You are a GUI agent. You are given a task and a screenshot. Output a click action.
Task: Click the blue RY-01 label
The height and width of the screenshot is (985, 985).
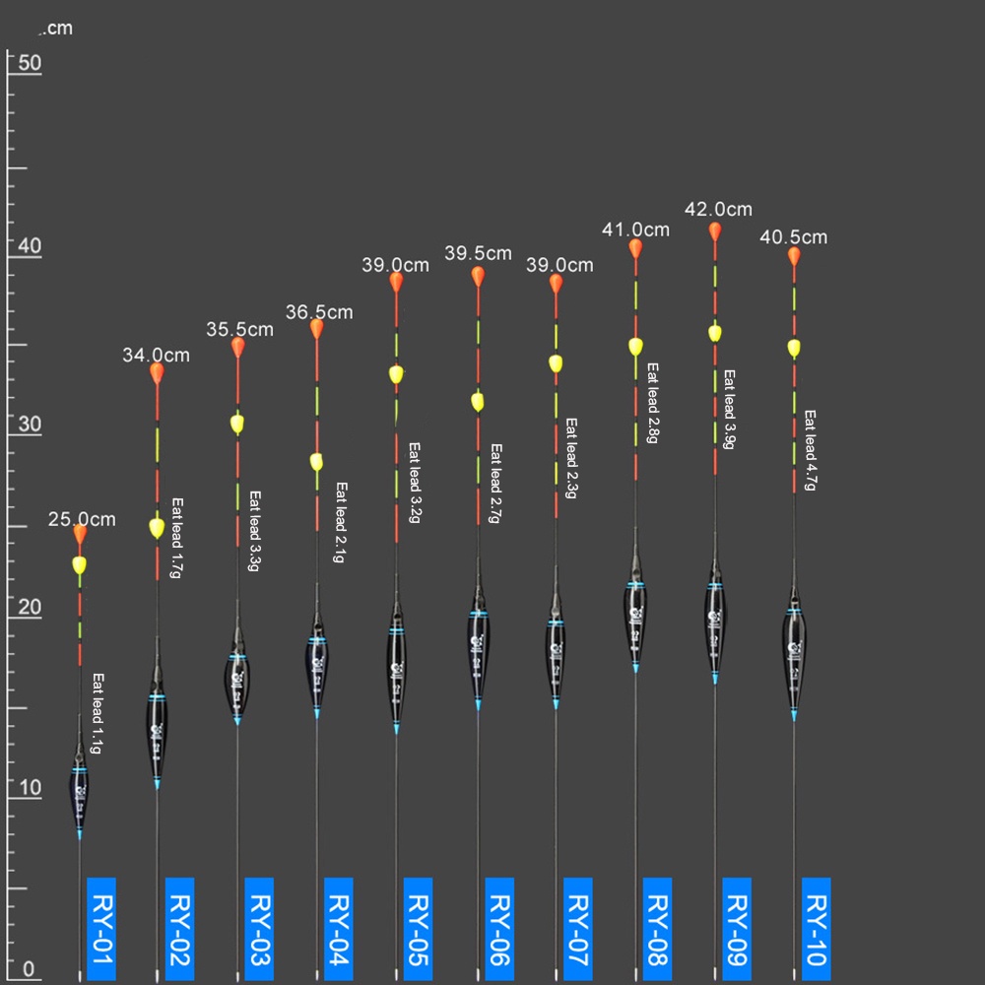coord(101,927)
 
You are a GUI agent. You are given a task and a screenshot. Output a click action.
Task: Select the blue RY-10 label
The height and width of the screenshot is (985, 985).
coord(816,927)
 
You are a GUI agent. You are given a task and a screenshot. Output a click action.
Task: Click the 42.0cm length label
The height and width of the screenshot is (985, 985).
coord(718,209)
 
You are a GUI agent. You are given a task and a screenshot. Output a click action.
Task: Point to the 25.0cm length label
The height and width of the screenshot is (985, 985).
coord(82,519)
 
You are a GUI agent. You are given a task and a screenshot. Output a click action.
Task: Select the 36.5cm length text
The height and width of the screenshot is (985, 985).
coord(319,312)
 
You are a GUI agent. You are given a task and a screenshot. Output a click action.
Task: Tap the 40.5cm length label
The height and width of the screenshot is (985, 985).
coord(794,237)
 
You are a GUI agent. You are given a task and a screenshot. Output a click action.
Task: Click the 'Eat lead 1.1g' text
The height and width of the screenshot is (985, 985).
coord(97,714)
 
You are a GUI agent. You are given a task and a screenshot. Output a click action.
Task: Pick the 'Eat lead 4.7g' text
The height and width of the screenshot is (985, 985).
coord(811,450)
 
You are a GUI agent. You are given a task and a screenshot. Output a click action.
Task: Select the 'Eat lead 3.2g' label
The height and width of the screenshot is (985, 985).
coord(415,482)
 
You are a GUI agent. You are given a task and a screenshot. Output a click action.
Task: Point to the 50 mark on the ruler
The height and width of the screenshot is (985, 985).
coord(30,62)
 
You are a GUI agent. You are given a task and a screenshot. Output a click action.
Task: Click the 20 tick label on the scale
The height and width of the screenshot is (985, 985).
coord(30,607)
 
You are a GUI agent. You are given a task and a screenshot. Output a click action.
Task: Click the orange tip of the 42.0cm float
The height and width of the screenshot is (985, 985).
coord(715,232)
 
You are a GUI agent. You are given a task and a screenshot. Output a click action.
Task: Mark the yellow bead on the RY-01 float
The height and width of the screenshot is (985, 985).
coord(80,565)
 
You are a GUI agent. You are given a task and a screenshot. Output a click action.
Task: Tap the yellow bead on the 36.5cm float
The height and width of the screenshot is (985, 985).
coord(316,461)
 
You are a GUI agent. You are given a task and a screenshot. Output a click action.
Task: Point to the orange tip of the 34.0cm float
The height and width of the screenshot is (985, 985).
coord(157,372)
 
